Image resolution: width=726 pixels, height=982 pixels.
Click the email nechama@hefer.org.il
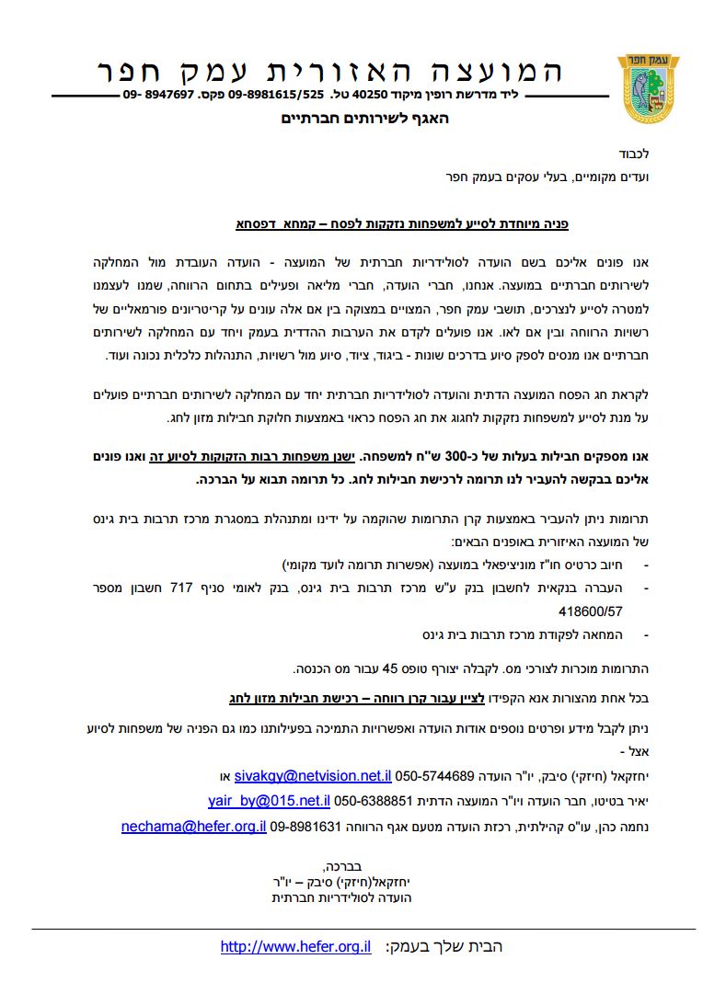(x=193, y=827)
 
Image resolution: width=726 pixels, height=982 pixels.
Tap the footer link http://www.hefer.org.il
(x=295, y=947)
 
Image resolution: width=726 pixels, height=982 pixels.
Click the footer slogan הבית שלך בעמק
(x=444, y=947)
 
